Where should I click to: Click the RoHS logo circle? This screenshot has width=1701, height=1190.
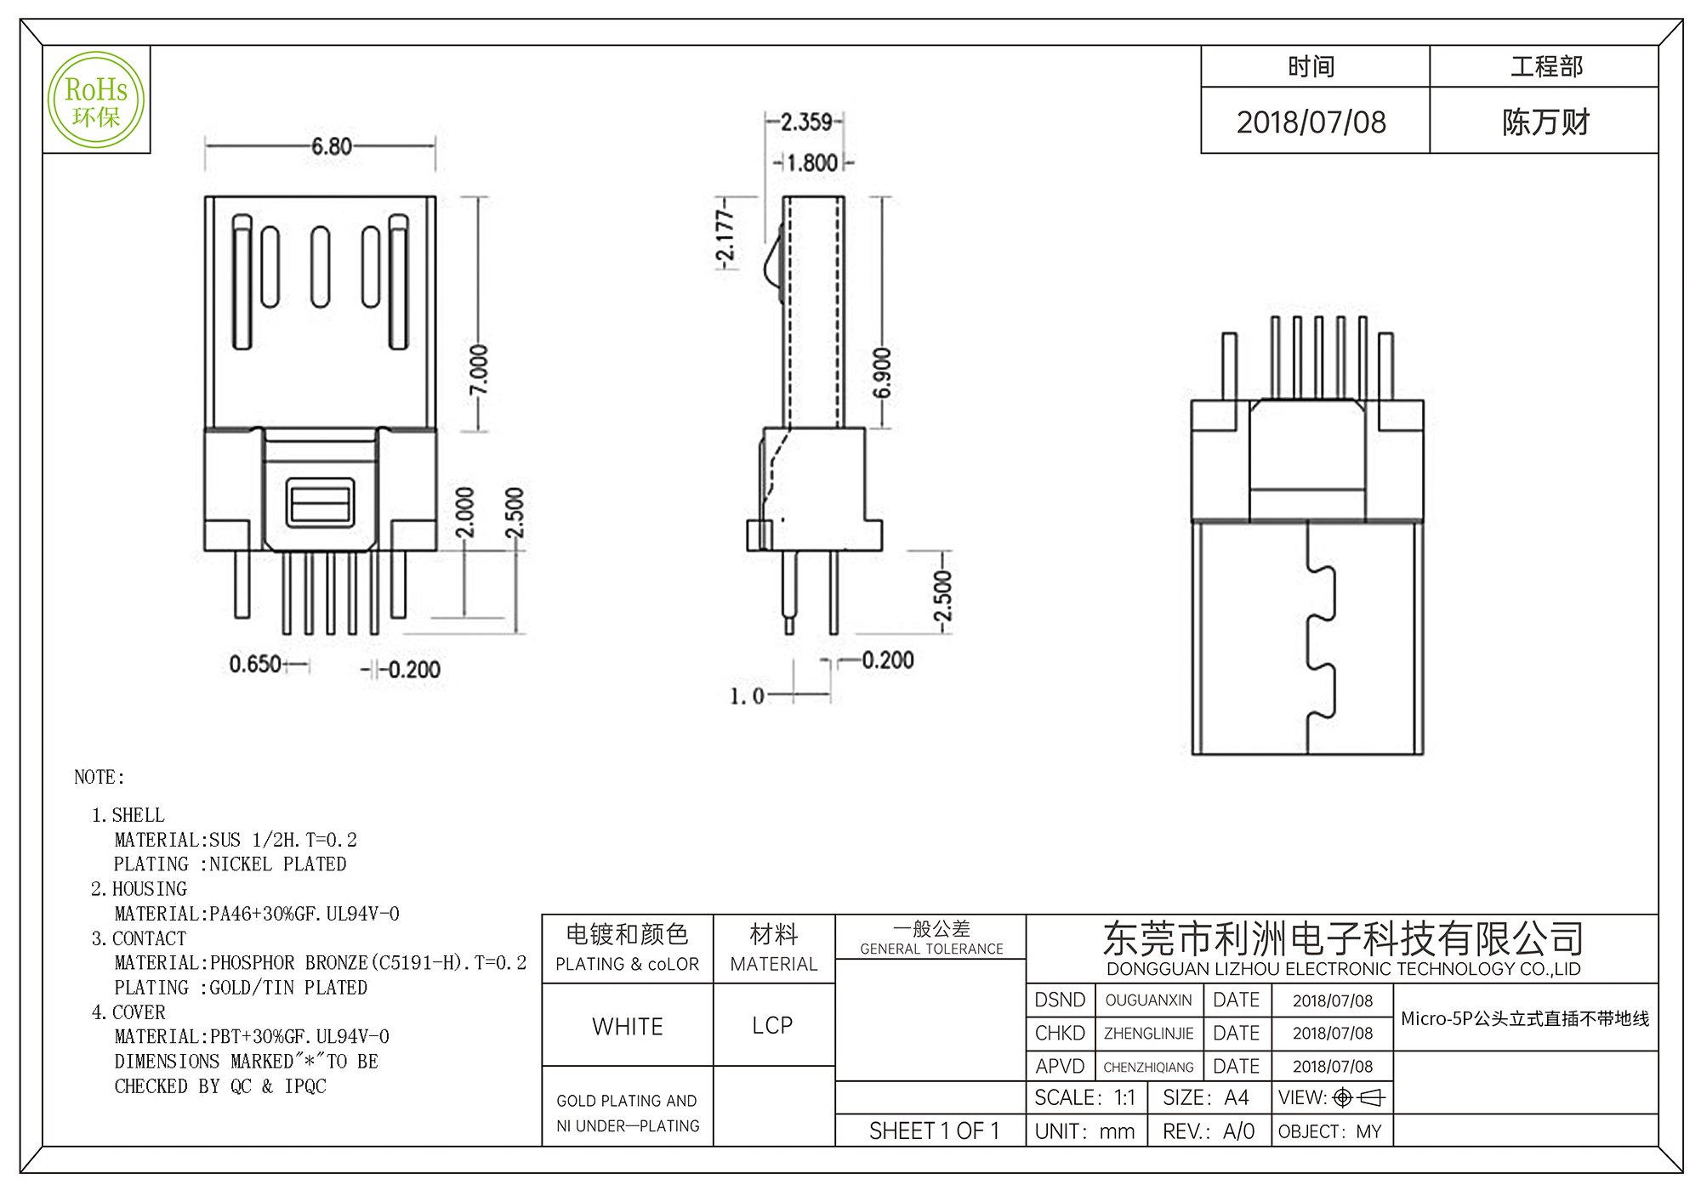(96, 99)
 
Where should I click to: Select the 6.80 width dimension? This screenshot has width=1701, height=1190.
(331, 146)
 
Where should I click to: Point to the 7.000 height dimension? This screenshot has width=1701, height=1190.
(479, 369)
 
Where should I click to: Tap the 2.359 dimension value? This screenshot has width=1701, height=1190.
(805, 122)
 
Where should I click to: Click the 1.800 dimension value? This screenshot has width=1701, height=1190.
(811, 162)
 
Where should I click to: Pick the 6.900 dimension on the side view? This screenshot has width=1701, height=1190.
(882, 372)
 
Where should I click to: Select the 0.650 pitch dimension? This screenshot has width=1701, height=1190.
(255, 664)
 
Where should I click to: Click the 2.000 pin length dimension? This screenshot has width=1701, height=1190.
(464, 513)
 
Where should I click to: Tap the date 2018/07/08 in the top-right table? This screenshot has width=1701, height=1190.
(1311, 122)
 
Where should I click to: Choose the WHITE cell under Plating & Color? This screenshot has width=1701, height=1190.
(627, 1026)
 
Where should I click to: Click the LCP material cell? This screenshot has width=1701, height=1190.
(772, 1025)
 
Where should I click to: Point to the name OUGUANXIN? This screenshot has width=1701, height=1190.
(1148, 1000)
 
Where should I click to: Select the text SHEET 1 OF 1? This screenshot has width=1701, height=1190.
(933, 1130)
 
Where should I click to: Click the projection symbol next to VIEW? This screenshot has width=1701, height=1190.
(1359, 1098)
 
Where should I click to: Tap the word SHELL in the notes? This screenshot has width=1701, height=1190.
(138, 815)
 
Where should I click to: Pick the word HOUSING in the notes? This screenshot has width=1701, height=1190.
(149, 889)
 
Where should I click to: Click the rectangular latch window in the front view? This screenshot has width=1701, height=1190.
(320, 502)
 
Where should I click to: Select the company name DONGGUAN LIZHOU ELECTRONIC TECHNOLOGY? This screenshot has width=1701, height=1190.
(1343, 969)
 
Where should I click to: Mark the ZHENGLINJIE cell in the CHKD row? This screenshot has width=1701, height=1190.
(1148, 1034)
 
